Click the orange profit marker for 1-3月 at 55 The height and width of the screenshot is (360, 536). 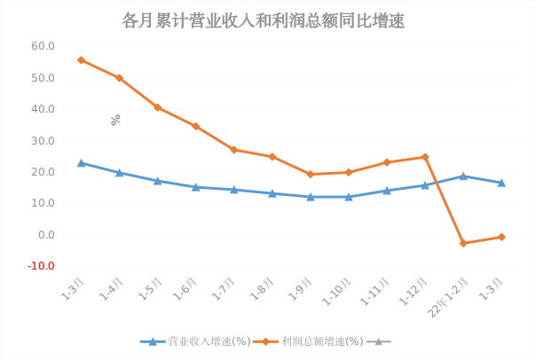81,60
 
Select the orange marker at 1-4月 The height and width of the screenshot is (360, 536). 119,78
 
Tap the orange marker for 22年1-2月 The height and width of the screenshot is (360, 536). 463,243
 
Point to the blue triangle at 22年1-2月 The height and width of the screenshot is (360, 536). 463,176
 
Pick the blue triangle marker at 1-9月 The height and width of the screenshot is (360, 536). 311,197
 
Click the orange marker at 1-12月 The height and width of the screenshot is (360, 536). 425,157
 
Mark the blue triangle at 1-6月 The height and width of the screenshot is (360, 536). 195,187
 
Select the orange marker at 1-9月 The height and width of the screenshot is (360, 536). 311,174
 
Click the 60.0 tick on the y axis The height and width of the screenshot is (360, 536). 43,46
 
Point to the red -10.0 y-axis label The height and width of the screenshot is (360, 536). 42,266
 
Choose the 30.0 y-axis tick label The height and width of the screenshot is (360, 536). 43,141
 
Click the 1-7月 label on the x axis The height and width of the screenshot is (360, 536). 225,291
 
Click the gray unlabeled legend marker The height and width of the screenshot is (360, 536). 379,341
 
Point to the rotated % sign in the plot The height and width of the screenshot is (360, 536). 115,120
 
